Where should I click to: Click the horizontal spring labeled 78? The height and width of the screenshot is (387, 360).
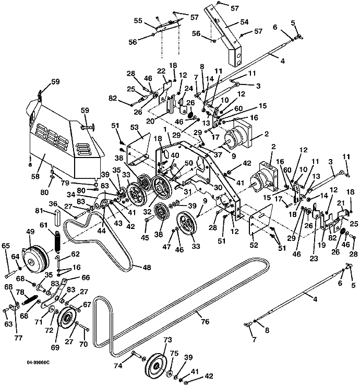coord(30,301)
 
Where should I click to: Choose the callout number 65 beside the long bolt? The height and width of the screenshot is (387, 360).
coord(6,245)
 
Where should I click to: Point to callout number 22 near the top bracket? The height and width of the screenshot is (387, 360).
coord(161,71)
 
